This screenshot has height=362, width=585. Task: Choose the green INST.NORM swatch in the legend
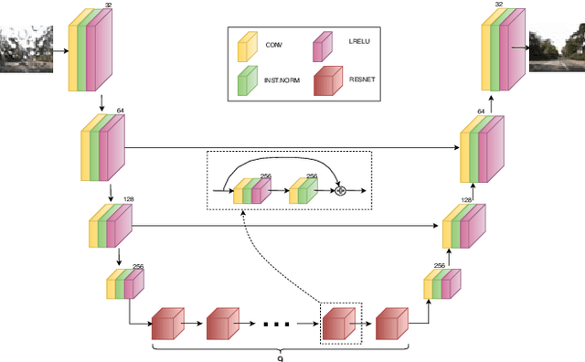[x=245, y=80]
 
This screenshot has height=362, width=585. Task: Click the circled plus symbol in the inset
[x=341, y=191]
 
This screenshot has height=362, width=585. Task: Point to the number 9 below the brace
[x=280, y=357]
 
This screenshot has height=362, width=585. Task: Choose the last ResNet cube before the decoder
[x=391, y=323]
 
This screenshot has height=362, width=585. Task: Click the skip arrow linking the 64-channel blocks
[x=292, y=146]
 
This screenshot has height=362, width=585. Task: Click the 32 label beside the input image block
[x=109, y=5]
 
